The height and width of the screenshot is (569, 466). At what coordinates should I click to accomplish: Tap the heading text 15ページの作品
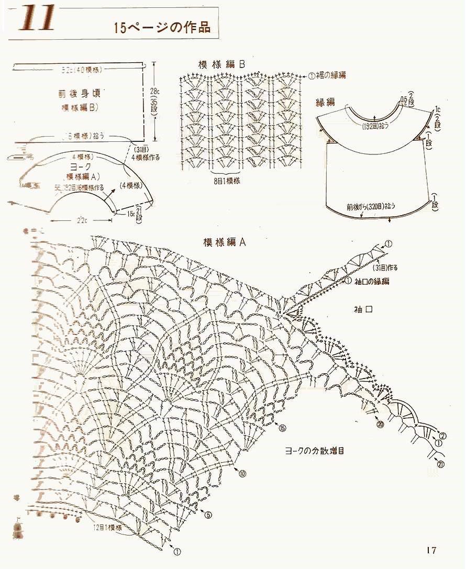pos(162,28)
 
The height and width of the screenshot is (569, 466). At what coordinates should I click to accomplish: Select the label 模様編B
pos(221,64)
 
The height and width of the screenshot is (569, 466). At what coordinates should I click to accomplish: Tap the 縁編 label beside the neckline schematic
pos(325,102)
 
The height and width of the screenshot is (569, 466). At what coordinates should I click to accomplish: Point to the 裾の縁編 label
pos(330,75)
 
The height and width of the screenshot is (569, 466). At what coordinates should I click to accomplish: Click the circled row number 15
pos(283,428)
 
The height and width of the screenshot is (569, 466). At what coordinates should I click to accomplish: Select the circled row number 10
pos(242,474)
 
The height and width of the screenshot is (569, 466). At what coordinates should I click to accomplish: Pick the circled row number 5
pos(208,515)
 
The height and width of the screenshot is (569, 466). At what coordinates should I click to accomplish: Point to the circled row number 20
pos(380,425)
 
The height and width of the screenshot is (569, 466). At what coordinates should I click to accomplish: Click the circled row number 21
pos(440,464)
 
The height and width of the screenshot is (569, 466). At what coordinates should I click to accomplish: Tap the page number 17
pos(431,550)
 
